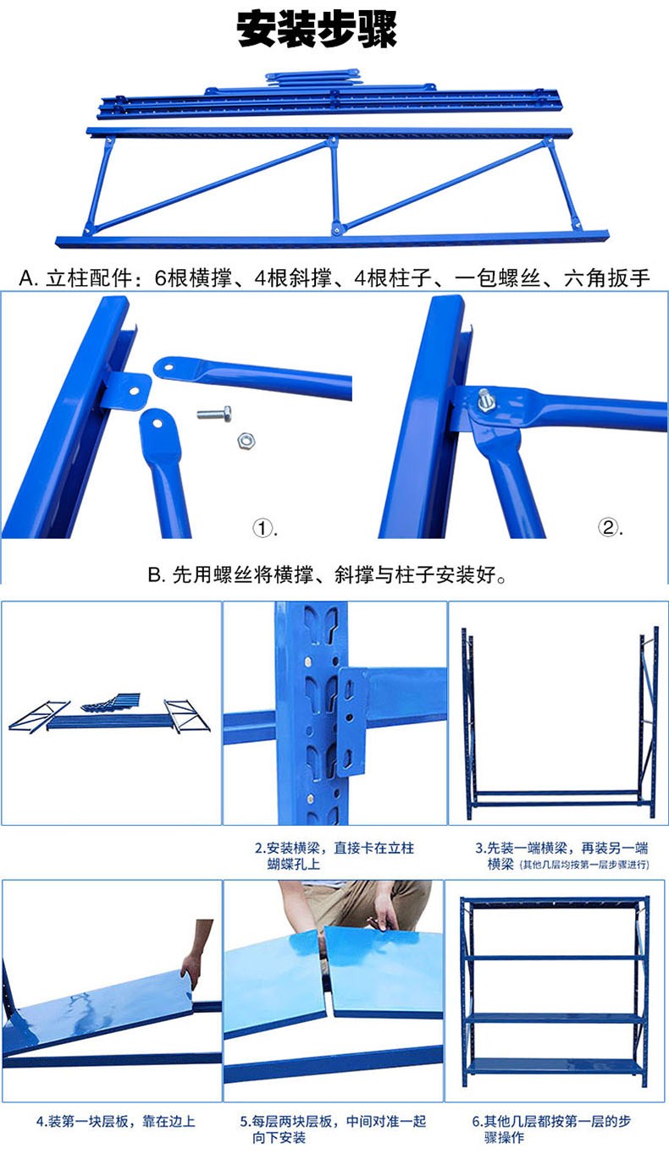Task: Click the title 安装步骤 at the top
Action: point(317,30)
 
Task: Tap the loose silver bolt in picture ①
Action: point(214,414)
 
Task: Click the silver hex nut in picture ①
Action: point(246,440)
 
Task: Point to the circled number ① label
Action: point(263,529)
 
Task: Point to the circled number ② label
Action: point(609,527)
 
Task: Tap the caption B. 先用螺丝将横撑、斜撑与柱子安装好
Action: point(328,574)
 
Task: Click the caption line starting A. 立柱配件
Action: point(334,278)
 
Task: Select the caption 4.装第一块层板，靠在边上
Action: point(115,1121)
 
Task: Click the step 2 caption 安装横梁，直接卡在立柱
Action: point(334,849)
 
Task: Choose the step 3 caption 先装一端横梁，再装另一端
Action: point(561,849)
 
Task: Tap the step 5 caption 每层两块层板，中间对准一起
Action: point(333,1121)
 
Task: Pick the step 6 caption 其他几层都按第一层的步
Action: point(551,1121)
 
